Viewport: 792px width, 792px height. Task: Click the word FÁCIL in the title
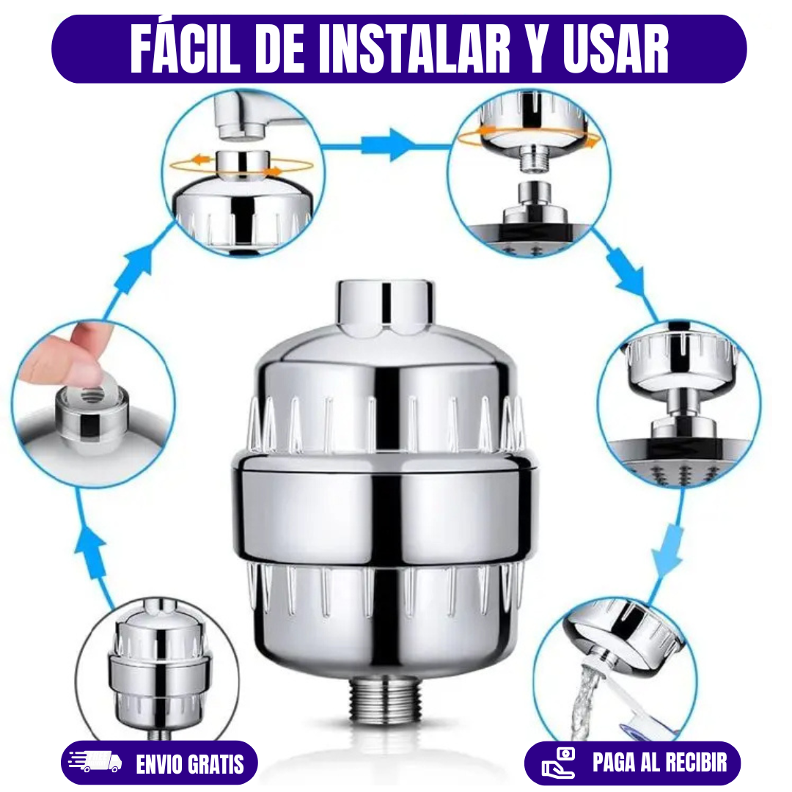point(185,49)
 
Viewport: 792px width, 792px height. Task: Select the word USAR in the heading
point(616,49)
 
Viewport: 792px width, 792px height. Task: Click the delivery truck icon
point(95,761)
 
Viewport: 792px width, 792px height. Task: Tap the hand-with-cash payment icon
point(558,763)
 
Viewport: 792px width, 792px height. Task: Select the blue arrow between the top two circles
point(387,145)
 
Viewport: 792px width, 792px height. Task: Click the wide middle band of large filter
point(386,510)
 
